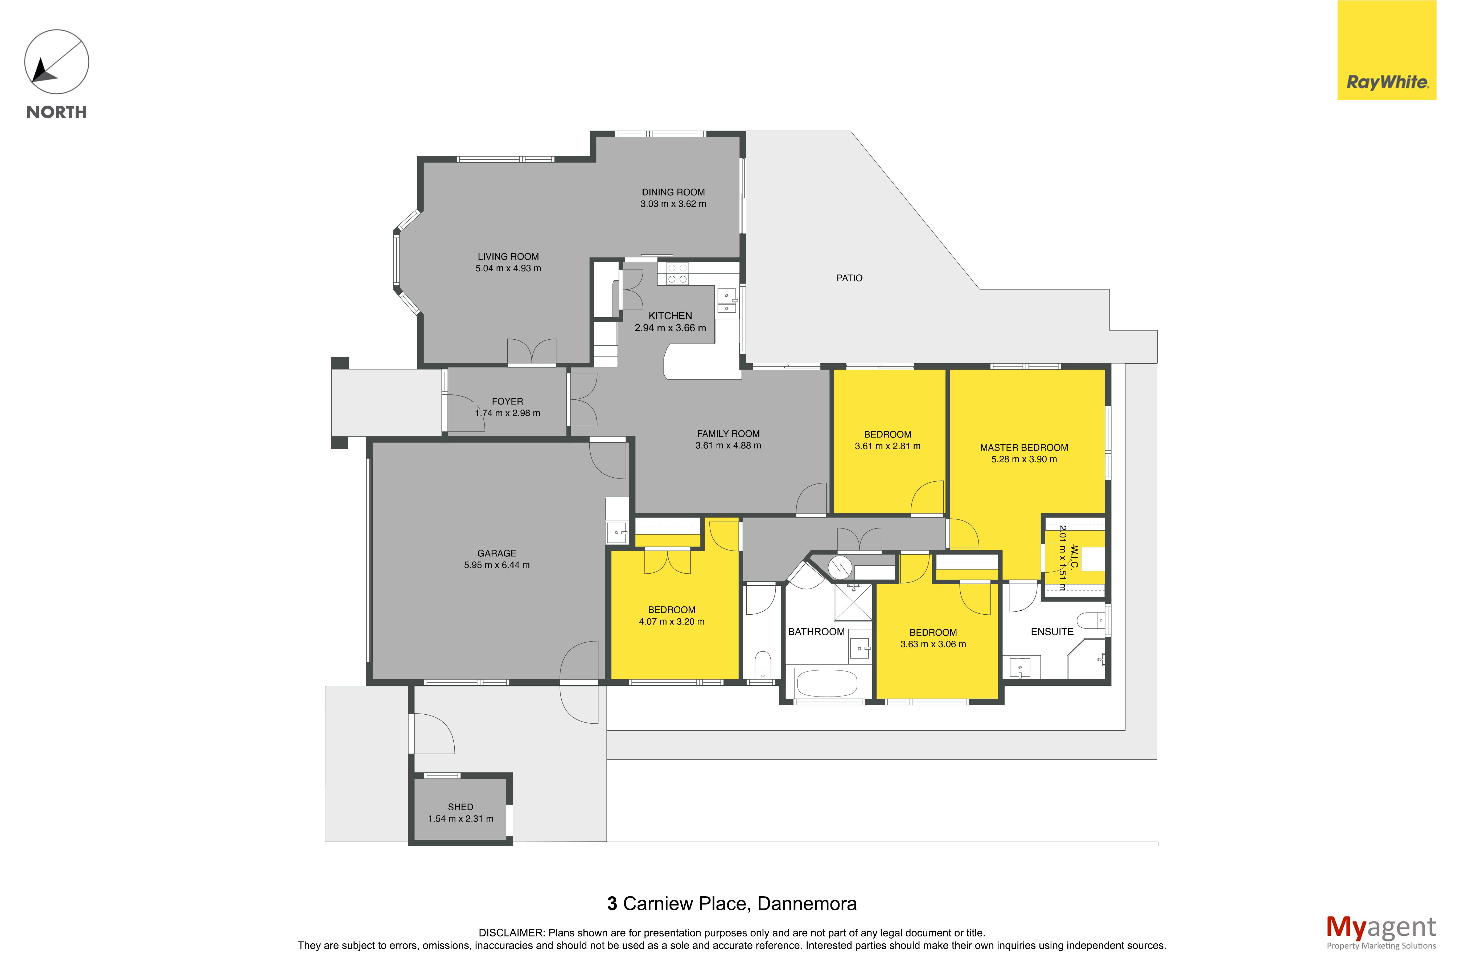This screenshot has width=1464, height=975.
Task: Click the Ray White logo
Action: click(x=1386, y=50)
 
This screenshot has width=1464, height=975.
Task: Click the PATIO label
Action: click(x=849, y=278)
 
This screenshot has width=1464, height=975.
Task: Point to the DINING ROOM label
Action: click(x=673, y=192)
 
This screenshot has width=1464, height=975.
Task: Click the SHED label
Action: click(x=460, y=806)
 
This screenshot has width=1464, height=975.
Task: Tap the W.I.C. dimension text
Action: click(x=1062, y=558)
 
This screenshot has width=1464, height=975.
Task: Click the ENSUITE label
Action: click(x=1052, y=632)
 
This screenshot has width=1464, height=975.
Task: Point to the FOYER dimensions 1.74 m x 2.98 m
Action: click(x=507, y=413)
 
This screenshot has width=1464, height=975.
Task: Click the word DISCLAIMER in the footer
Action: click(x=511, y=933)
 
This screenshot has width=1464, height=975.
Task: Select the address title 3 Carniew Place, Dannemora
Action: click(x=732, y=903)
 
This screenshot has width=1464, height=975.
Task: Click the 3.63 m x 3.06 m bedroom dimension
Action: click(x=933, y=644)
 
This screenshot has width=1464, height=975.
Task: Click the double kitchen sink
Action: click(x=727, y=302)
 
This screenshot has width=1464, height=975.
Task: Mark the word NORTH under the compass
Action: click(x=57, y=112)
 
